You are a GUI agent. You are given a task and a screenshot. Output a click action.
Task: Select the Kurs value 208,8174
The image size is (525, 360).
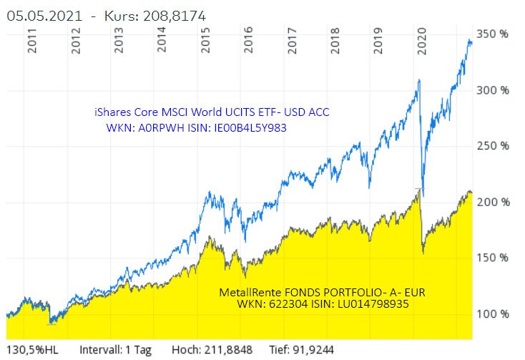[172, 14]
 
